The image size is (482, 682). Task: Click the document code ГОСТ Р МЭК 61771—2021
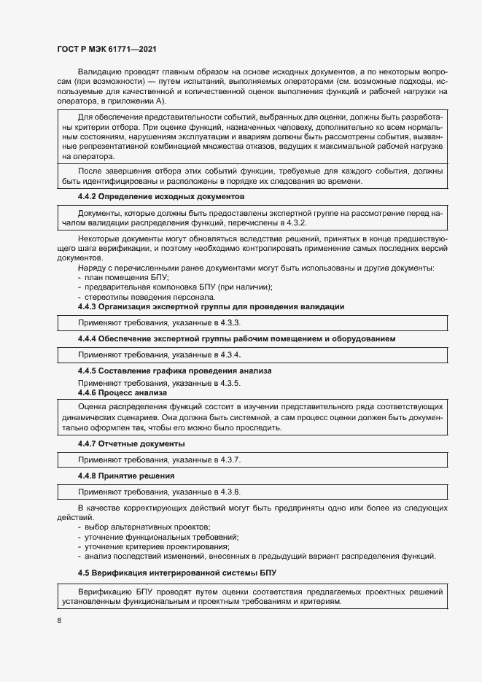[106, 49]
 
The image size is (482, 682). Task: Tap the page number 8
[59, 620]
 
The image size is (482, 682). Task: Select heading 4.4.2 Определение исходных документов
[160, 197]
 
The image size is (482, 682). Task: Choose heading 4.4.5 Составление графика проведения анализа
[174, 371]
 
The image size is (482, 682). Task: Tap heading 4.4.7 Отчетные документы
[131, 443]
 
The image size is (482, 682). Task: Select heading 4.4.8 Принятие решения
[126, 476]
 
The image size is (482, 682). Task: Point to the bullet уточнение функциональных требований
[162, 537]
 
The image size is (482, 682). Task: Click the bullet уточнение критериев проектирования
[158, 547]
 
